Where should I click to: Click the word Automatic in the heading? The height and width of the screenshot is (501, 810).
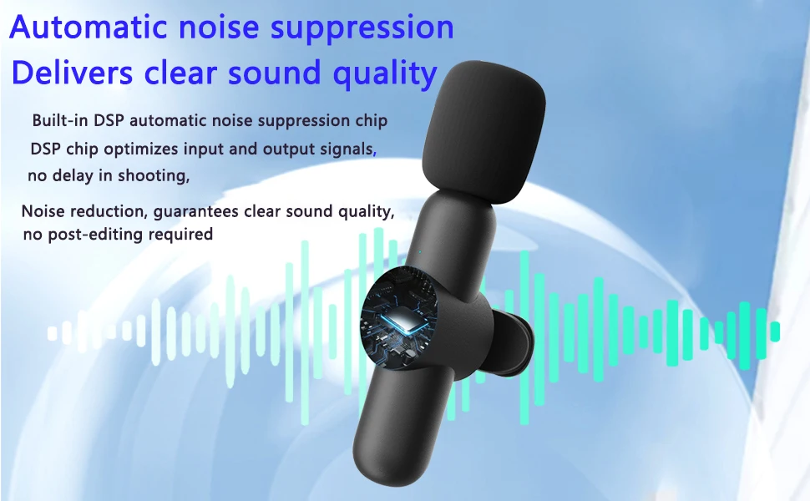(x=89, y=27)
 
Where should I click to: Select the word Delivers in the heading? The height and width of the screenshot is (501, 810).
(x=73, y=72)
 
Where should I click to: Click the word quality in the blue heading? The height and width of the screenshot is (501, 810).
(x=385, y=73)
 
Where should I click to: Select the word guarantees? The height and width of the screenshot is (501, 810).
(x=195, y=212)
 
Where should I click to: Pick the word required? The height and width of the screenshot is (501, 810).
(x=180, y=235)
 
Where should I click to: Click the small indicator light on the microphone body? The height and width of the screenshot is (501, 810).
(x=419, y=252)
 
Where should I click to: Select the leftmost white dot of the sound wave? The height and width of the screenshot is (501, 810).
(x=52, y=334)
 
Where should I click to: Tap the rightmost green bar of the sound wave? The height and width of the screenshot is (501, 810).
(x=774, y=331)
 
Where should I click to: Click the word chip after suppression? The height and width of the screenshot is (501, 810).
(x=372, y=121)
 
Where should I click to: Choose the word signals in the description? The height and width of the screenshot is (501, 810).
(x=347, y=149)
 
